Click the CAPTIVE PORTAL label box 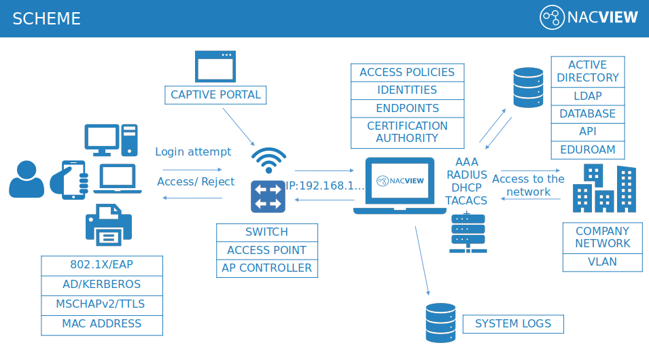[x=215, y=95]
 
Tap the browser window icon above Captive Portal [x=215, y=67]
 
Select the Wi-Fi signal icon [x=268, y=160]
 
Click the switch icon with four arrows [x=268, y=196]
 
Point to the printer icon [x=109, y=225]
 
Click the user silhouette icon [x=27, y=179]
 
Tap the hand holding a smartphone [x=69, y=180]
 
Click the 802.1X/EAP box [x=102, y=266]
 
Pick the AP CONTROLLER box [x=267, y=268]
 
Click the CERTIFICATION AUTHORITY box [x=407, y=132]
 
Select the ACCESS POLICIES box [x=407, y=73]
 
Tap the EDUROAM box [x=588, y=150]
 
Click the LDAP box [x=588, y=96]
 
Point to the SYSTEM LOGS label [x=513, y=324]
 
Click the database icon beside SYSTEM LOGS [x=441, y=323]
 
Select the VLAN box [x=603, y=262]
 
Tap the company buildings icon [x=604, y=188]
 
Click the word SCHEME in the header [x=46, y=18]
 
